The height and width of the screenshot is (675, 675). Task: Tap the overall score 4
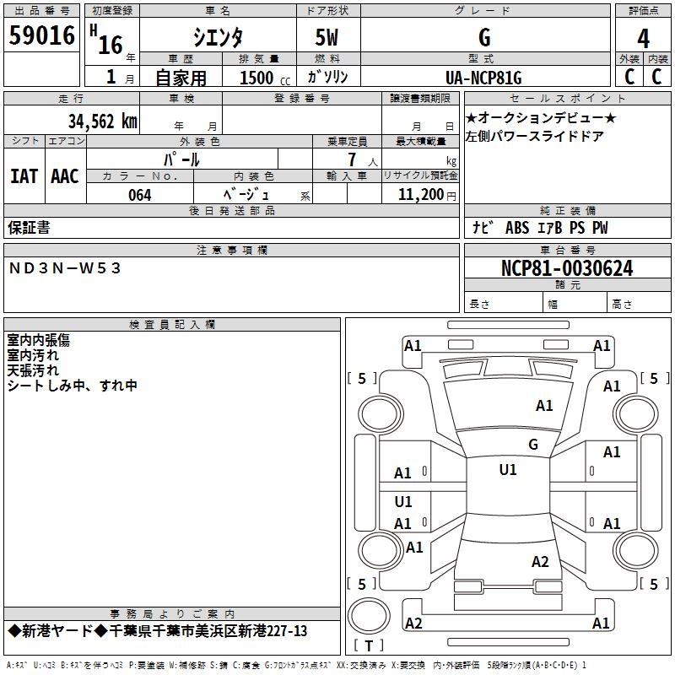pos(643,38)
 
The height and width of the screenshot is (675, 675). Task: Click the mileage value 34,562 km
pos(102,121)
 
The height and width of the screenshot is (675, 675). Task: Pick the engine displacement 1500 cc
pos(261,78)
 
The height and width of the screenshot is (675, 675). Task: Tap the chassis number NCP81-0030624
pos(566,268)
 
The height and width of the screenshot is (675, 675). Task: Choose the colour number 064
pos(140,195)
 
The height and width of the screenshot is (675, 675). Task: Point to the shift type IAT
pos(24,176)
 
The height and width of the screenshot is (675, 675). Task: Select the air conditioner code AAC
pos(65,176)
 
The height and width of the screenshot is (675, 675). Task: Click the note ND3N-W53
pos(66,267)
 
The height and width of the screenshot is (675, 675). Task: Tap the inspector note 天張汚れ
pos(33,370)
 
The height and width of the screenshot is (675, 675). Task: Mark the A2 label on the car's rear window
pos(540,562)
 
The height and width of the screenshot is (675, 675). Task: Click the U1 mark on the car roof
pos(507,470)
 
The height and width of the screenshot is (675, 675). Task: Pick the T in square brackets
pos(369,645)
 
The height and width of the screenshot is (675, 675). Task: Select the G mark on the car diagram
pos(532,445)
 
